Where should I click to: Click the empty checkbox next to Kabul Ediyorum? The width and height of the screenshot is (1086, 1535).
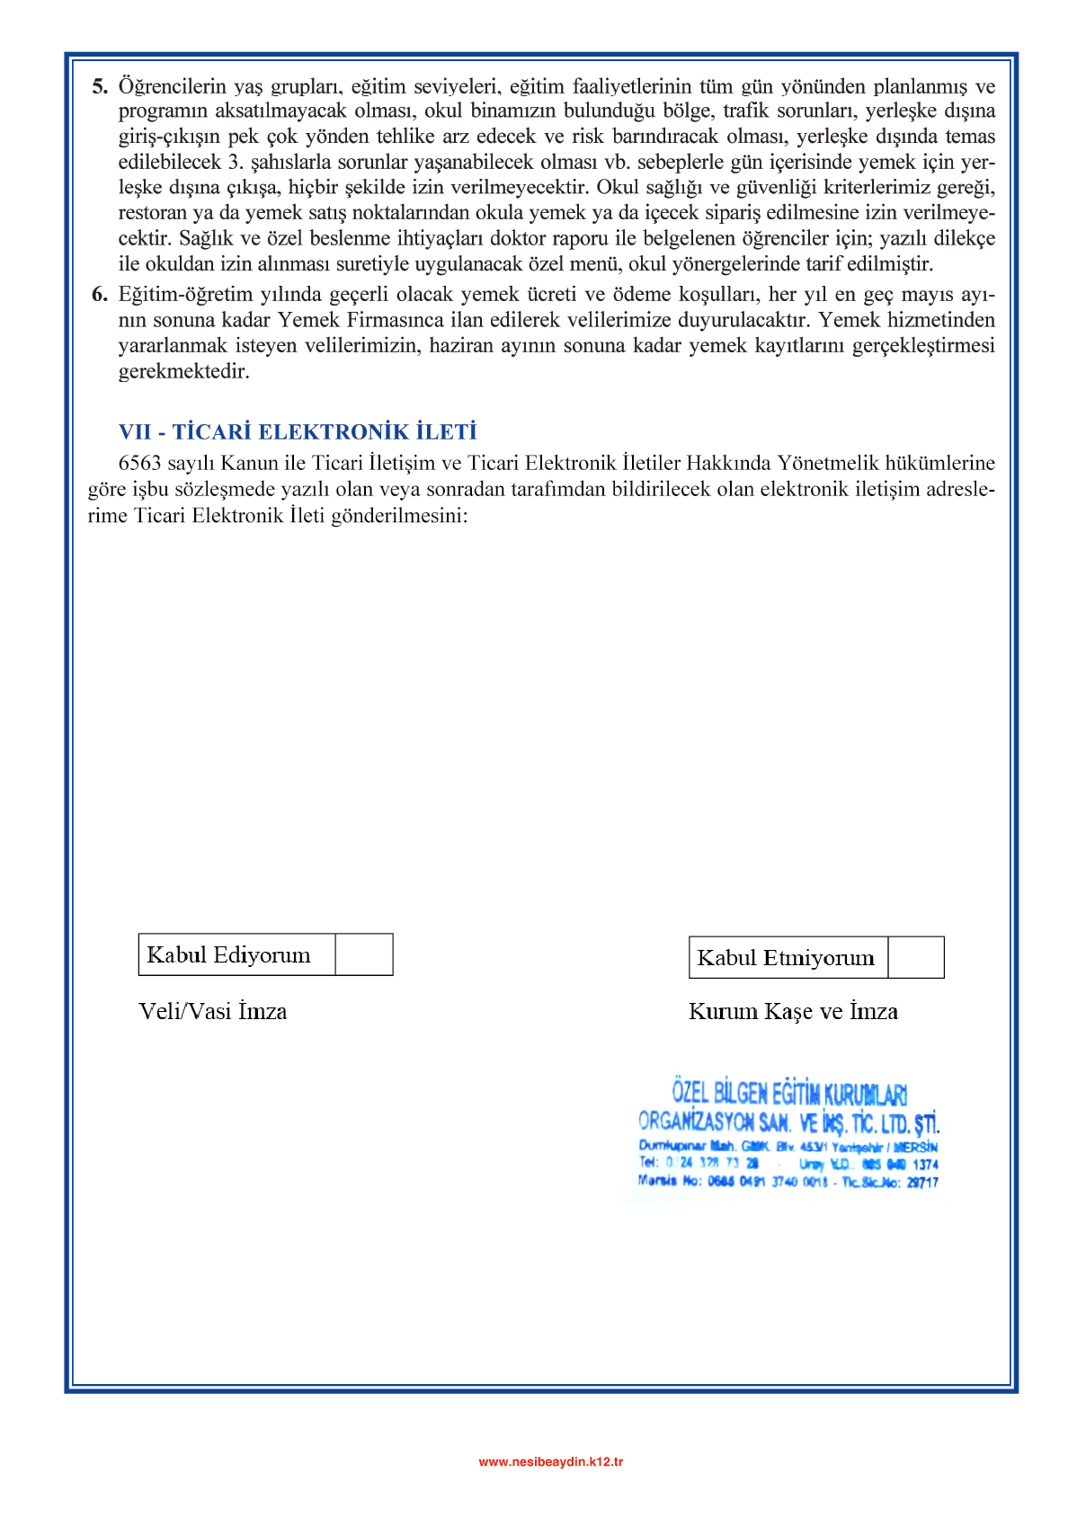(364, 954)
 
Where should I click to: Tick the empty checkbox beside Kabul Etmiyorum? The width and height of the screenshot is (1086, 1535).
(915, 957)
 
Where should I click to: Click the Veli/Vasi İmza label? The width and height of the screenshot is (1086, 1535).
(213, 1012)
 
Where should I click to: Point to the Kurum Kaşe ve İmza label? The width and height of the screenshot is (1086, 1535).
(793, 1012)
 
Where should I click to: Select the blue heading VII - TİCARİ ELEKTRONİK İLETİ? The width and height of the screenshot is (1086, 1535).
(298, 432)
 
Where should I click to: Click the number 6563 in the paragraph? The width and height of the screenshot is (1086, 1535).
(139, 464)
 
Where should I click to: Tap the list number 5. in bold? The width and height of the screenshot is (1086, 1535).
(100, 87)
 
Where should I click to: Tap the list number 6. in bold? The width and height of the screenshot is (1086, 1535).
(100, 295)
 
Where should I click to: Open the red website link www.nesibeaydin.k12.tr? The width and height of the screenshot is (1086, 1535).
(550, 1461)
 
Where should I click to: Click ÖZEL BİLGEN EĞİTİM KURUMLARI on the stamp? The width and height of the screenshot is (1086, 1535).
(789, 1094)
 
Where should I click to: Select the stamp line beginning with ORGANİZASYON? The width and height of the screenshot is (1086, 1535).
(788, 1122)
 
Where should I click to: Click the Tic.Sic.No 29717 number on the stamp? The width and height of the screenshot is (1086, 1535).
(921, 1183)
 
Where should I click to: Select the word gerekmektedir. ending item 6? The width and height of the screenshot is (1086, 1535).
(183, 372)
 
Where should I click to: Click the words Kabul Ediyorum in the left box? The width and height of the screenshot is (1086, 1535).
(229, 954)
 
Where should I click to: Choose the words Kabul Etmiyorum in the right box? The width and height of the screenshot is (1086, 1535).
(786, 958)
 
